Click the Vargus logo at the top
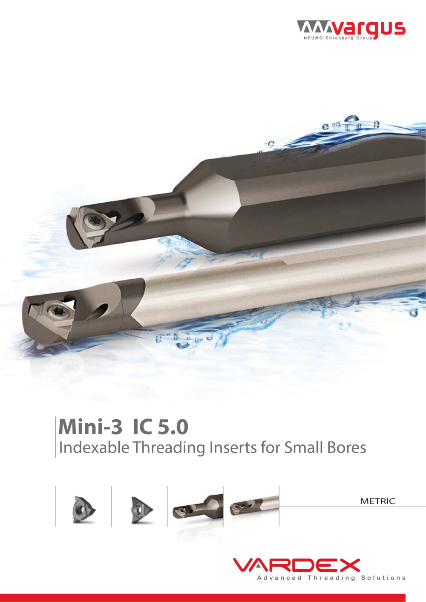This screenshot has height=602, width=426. tap(351, 30)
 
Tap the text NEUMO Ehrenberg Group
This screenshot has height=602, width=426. tap(338, 38)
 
